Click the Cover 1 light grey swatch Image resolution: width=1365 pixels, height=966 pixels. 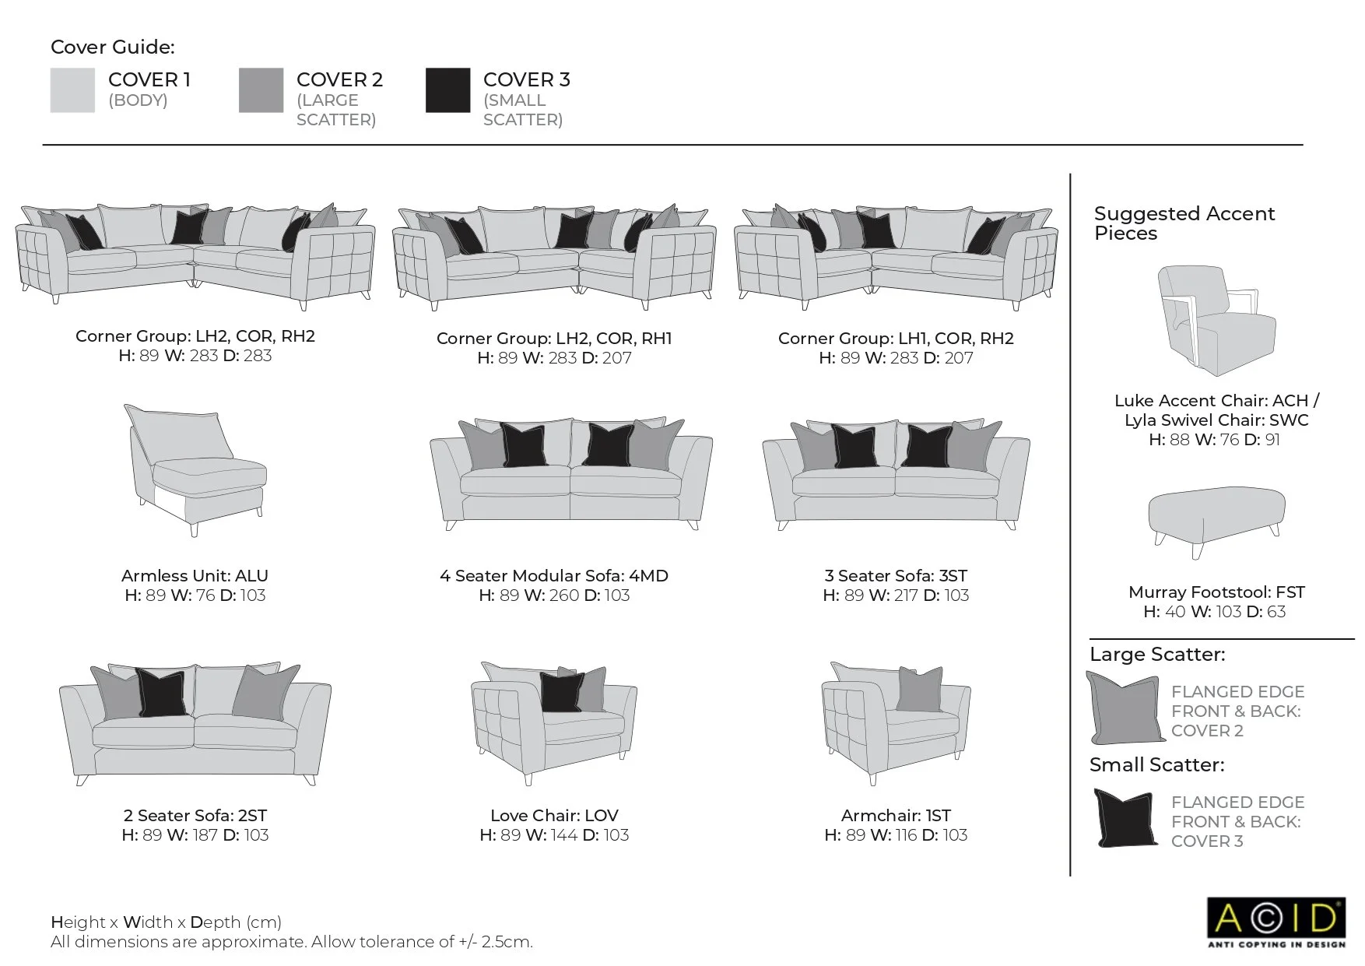tap(72, 90)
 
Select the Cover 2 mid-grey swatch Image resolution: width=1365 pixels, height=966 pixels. tap(261, 90)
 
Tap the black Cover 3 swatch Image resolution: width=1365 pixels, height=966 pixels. tap(447, 90)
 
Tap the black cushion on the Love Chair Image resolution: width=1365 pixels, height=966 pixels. tap(561, 691)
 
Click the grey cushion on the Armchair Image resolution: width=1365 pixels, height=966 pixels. tap(920, 690)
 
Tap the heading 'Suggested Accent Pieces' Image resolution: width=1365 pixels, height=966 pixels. tap(1184, 223)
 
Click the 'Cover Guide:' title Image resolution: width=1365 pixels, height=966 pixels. tap(113, 47)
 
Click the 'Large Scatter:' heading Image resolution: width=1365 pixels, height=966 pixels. tap(1156, 655)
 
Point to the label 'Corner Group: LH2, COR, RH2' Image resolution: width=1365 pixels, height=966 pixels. tap(195, 336)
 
